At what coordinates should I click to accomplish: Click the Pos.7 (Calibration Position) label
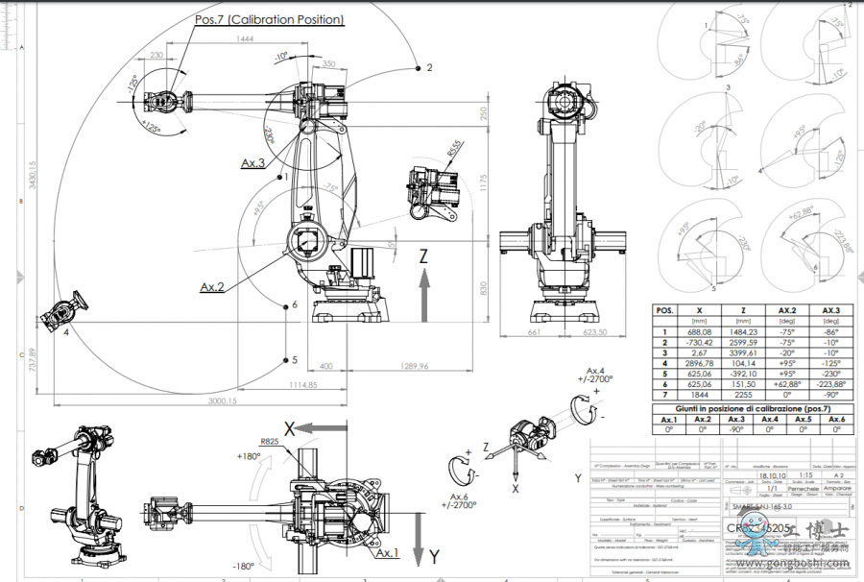click(270, 19)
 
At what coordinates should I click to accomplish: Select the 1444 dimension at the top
click(245, 38)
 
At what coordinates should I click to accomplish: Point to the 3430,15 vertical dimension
click(32, 176)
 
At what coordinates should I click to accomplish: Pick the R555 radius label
click(454, 151)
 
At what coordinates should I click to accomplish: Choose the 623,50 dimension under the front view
click(594, 333)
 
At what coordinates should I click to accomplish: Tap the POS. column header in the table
click(664, 310)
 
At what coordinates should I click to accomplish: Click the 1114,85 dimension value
click(301, 384)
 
